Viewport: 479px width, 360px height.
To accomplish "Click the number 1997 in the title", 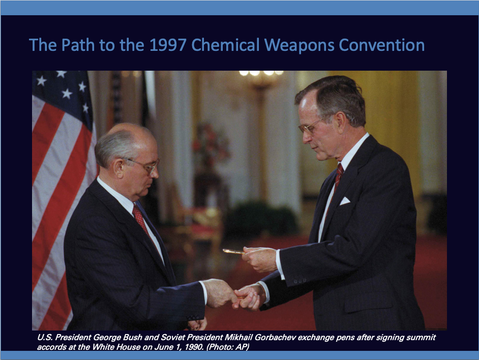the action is [x=168, y=45].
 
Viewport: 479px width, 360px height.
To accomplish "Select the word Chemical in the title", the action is [x=225, y=45].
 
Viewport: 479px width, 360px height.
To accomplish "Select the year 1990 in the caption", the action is [x=194, y=347].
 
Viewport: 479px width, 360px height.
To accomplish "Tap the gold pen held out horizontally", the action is [x=234, y=252].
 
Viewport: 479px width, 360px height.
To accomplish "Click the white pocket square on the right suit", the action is [x=345, y=201].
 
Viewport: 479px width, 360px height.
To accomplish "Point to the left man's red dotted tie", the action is [x=141, y=219].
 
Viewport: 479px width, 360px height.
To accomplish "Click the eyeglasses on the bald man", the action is [x=144, y=165].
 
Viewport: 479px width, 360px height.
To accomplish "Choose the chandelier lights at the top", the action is [x=261, y=73].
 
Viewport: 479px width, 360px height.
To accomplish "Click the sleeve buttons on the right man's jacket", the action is [x=300, y=281].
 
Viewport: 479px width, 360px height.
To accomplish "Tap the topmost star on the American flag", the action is [x=61, y=74].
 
